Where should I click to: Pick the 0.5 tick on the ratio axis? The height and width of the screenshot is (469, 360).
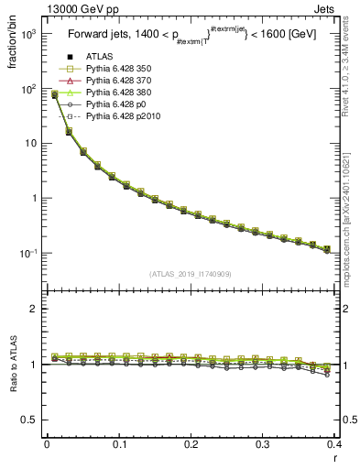[33, 420]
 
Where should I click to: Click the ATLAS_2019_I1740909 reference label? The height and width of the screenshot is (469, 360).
[190, 274]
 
